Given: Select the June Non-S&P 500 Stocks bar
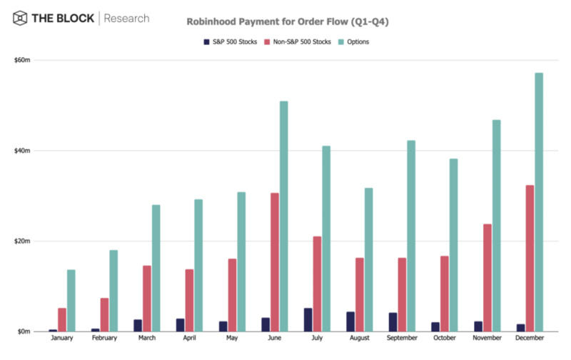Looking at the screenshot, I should (x=275, y=262).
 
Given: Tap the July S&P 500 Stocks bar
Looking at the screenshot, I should (x=308, y=319).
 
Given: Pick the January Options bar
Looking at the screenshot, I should (x=71, y=300).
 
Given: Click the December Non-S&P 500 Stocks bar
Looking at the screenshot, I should (x=530, y=258).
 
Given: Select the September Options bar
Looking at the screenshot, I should (x=411, y=236).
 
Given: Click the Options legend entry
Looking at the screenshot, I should (x=354, y=41).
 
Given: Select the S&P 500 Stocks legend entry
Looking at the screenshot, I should (x=231, y=41).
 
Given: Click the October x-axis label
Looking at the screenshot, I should (x=445, y=338).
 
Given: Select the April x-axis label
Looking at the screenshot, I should (x=188, y=338).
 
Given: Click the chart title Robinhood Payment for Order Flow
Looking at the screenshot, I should (x=288, y=21).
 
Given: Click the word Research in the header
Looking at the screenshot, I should (x=127, y=17).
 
